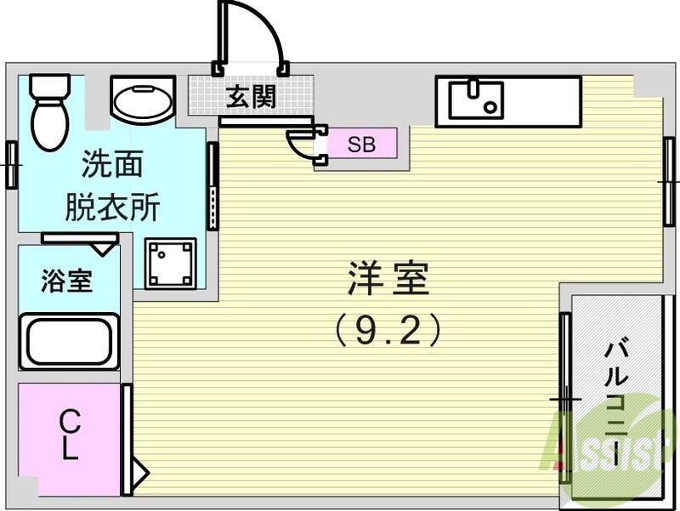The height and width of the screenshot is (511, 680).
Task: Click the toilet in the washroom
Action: (x=50, y=111)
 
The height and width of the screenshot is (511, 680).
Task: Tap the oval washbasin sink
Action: (x=142, y=102)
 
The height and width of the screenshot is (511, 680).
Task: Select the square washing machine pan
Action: (x=170, y=264)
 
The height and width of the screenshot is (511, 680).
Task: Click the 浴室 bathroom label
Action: (x=67, y=281)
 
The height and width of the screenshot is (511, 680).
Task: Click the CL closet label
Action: (x=70, y=434)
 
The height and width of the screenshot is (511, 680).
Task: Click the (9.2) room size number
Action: (x=388, y=330)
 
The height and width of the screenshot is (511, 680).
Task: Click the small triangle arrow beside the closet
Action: (x=139, y=470)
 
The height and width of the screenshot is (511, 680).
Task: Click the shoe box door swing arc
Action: (x=299, y=145)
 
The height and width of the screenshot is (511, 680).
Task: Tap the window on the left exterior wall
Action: (x=12, y=164)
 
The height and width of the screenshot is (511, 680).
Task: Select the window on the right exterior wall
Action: (x=669, y=182)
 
